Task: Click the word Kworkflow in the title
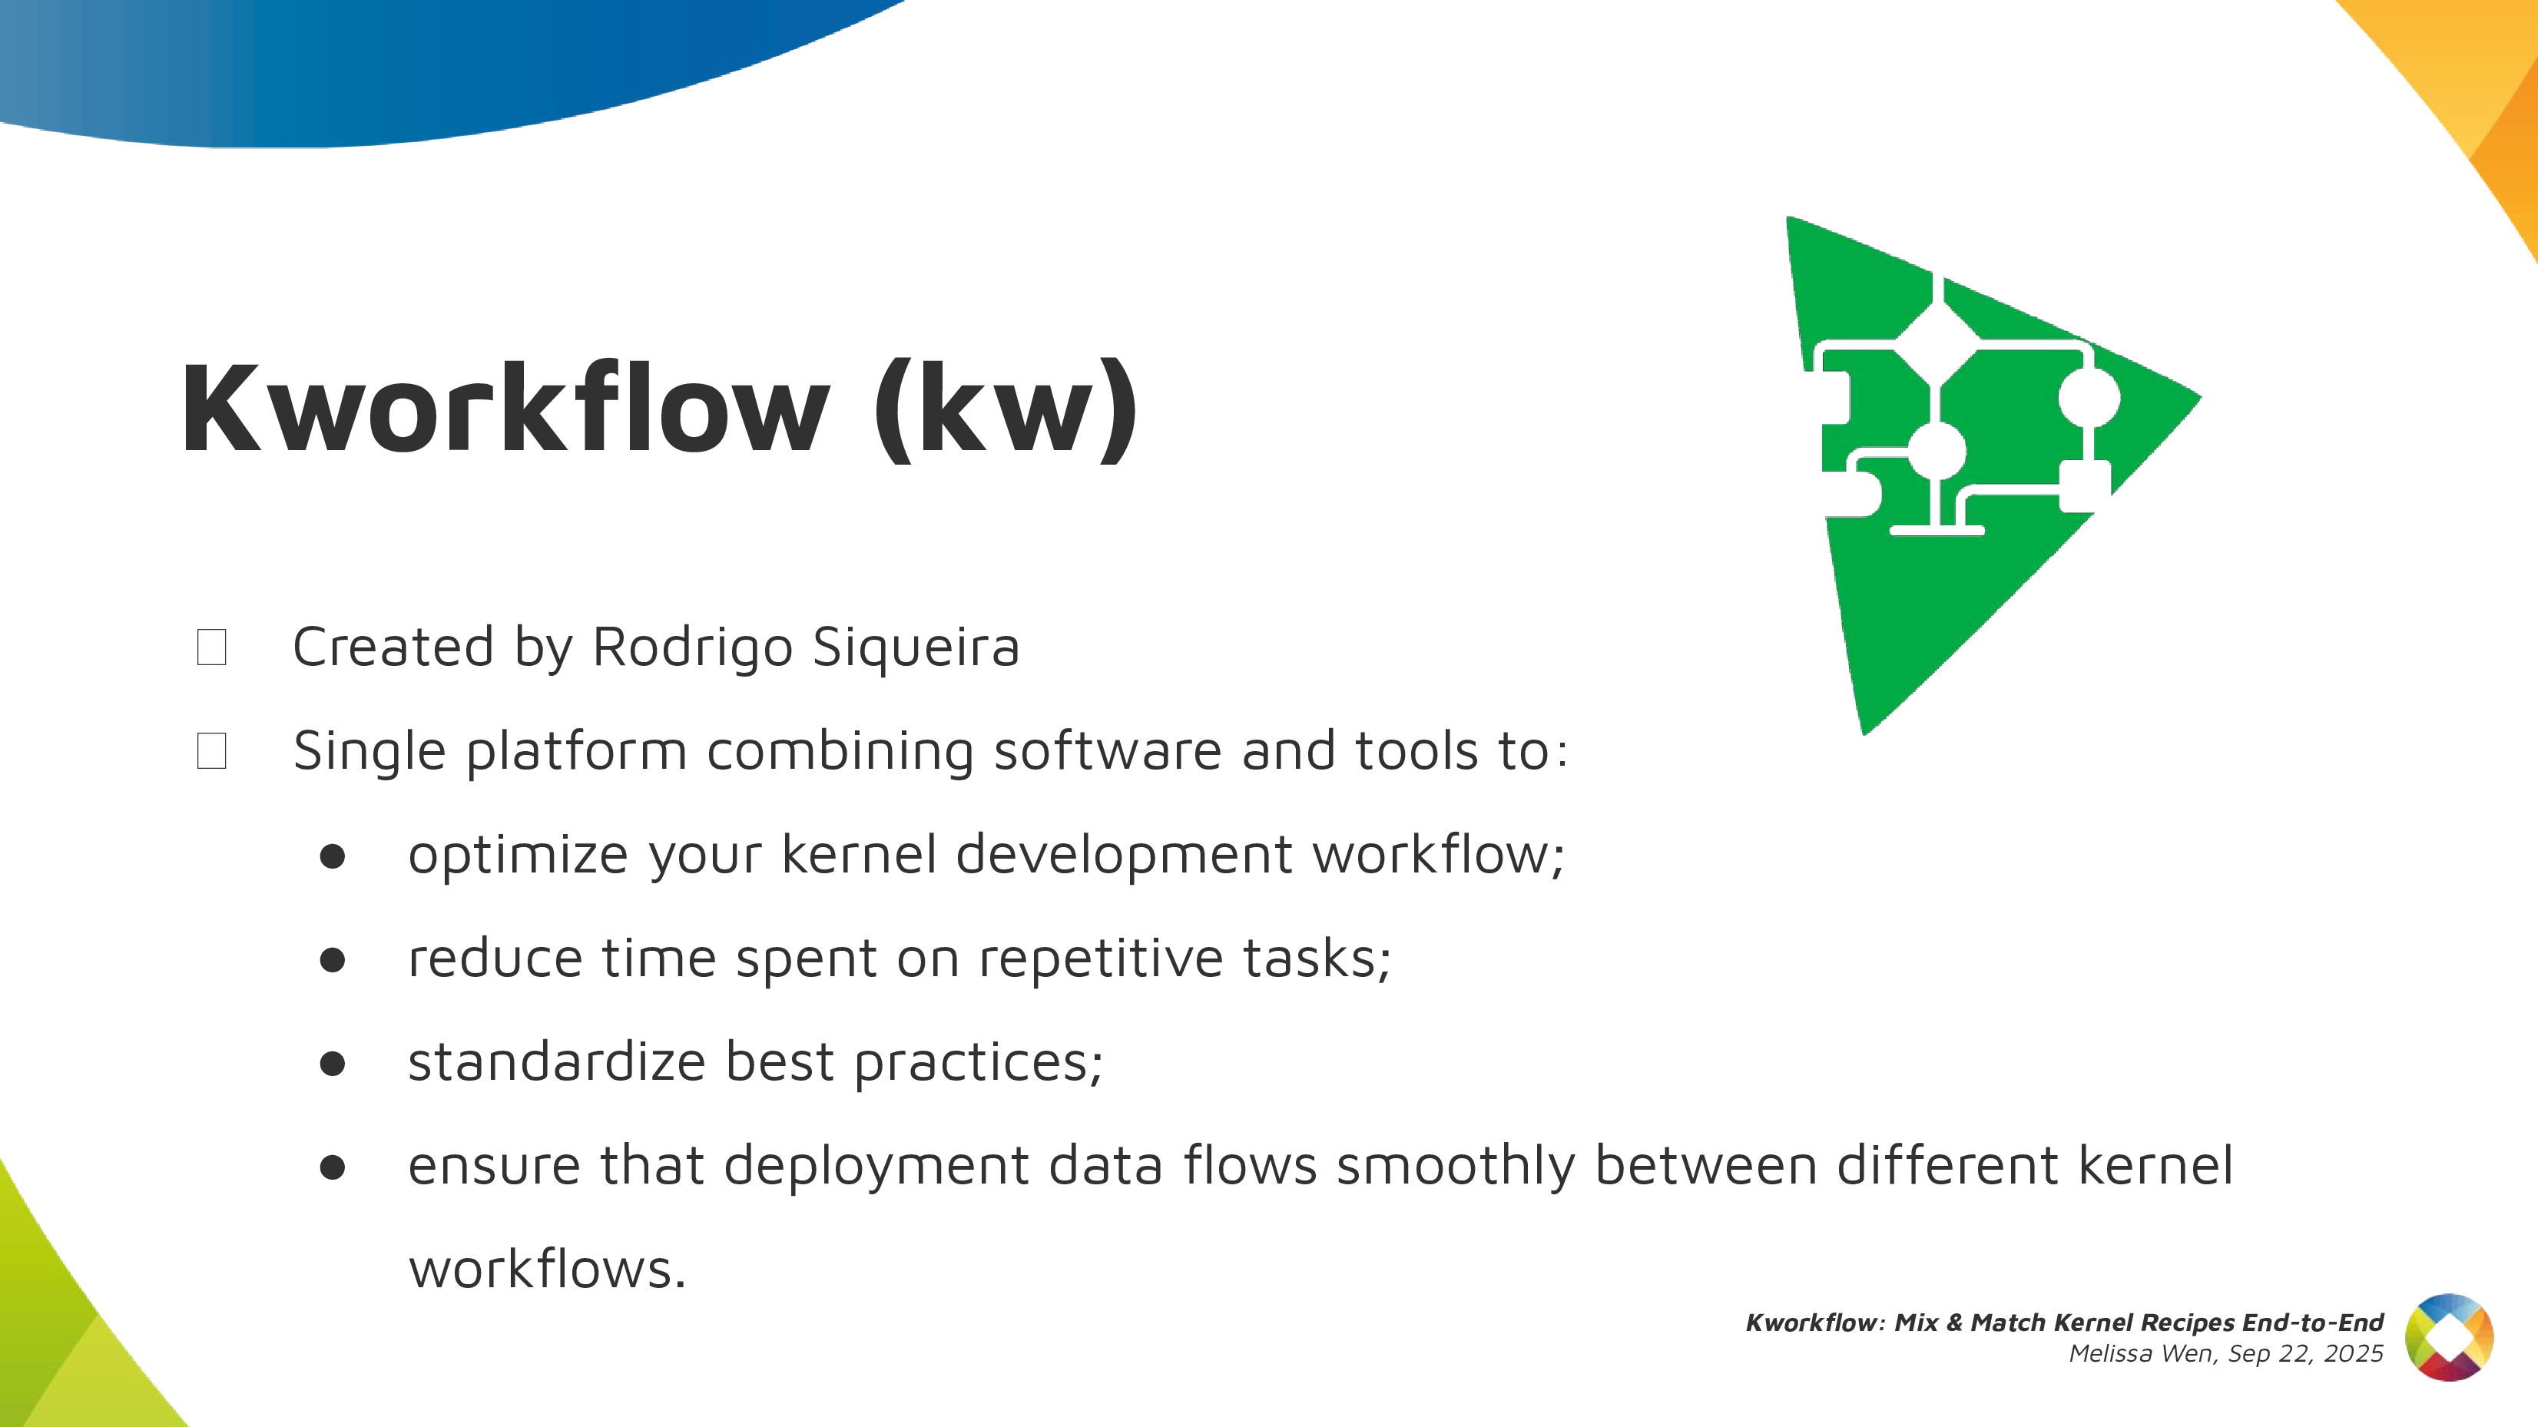(x=505, y=408)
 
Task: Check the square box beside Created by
(x=212, y=647)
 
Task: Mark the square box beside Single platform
(x=212, y=750)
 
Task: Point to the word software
(x=1108, y=751)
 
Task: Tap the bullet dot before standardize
(x=333, y=1064)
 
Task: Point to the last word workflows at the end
(x=547, y=1270)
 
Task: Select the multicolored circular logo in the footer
(x=2450, y=1337)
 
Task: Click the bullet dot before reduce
(x=333, y=960)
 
